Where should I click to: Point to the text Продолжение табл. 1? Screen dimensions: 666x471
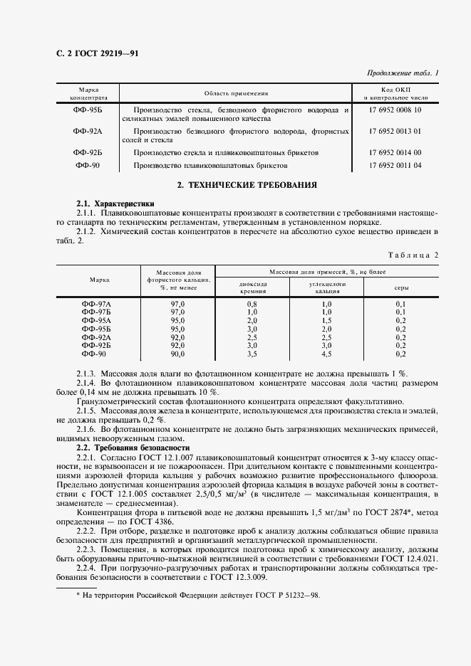coord(403,73)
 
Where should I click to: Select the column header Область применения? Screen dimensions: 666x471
coord(236,93)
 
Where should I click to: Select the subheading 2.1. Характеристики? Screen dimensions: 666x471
coord(115,203)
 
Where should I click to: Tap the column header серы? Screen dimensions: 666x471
coord(400,287)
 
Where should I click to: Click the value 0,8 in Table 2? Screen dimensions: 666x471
coord(252,304)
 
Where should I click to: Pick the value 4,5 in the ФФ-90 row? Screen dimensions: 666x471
coord(326,354)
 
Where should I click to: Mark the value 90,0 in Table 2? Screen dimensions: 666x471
coord(177,354)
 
